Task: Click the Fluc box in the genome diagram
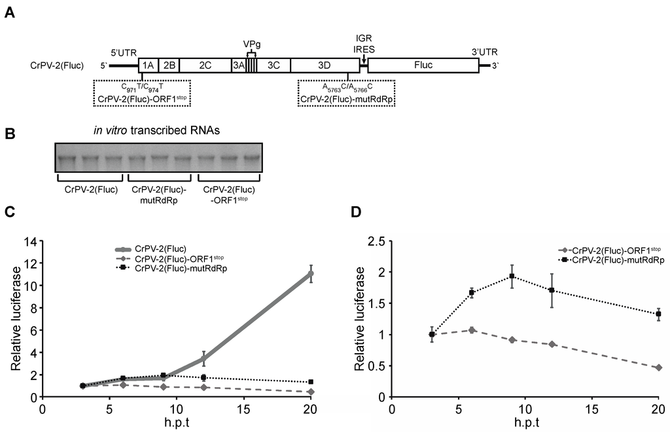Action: point(423,65)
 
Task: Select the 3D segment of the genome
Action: point(325,65)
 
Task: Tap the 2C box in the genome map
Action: point(205,65)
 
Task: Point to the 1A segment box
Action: point(149,65)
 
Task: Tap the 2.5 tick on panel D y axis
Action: point(375,241)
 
